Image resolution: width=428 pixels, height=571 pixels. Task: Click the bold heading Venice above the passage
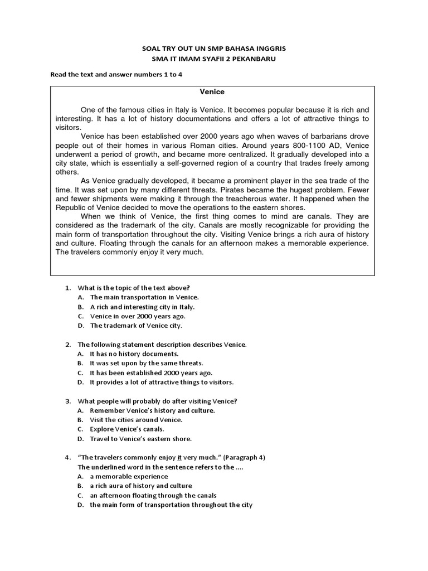tap(212, 91)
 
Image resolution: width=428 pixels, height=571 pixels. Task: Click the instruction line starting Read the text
tap(116, 74)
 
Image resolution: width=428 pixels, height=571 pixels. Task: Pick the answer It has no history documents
tap(134, 354)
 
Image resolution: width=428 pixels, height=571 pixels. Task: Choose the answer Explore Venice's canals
tap(127, 429)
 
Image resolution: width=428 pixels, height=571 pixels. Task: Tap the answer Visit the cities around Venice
tap(136, 419)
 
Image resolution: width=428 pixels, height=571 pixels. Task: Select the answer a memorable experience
tap(128, 477)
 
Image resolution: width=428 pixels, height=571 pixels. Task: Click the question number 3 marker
tap(68, 401)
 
